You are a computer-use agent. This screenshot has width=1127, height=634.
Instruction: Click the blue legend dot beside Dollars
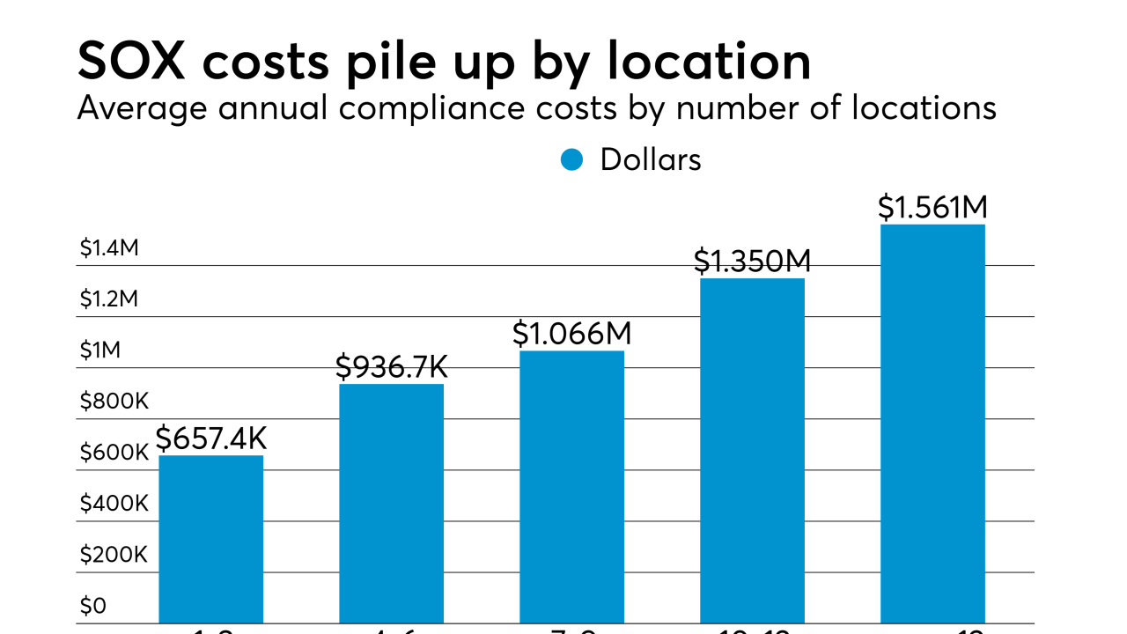tap(572, 159)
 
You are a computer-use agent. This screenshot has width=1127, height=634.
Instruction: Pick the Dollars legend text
tap(651, 159)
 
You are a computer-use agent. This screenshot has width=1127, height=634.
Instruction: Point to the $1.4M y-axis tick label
tap(109, 248)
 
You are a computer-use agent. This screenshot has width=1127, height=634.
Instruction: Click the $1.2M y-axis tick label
tap(109, 299)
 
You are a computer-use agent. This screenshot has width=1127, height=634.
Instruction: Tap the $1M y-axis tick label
tap(99, 350)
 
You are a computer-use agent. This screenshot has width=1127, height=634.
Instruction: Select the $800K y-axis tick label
tap(114, 402)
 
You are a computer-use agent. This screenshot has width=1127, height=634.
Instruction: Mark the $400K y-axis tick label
tap(114, 504)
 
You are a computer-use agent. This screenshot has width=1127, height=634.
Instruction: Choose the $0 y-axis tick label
tap(92, 606)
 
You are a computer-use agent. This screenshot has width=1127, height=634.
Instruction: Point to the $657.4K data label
tap(211, 438)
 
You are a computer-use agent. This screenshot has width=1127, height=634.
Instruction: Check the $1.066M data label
tap(572, 334)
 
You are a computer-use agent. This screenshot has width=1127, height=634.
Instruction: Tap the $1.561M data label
tap(932, 207)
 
